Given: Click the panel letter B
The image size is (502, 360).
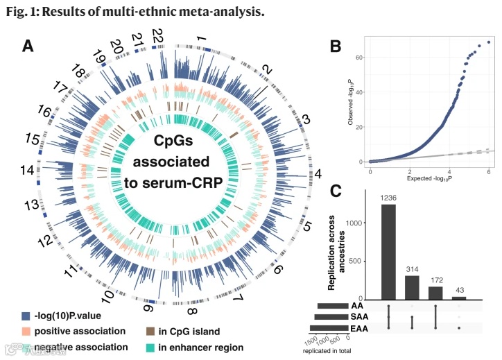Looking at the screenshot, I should (x=335, y=46).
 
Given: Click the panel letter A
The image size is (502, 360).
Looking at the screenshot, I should (x=28, y=46).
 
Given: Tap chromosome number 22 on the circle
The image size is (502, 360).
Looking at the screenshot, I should (x=158, y=35).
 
